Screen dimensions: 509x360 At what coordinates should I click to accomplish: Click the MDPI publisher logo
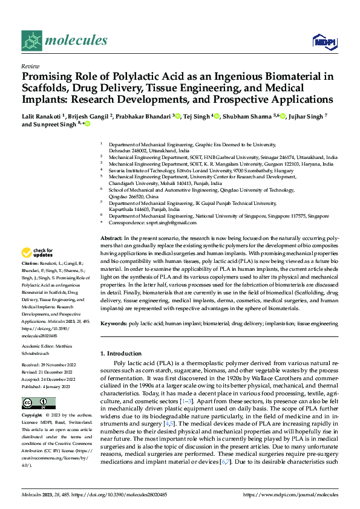322,41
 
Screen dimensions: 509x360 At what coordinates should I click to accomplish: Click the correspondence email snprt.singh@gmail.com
159,222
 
